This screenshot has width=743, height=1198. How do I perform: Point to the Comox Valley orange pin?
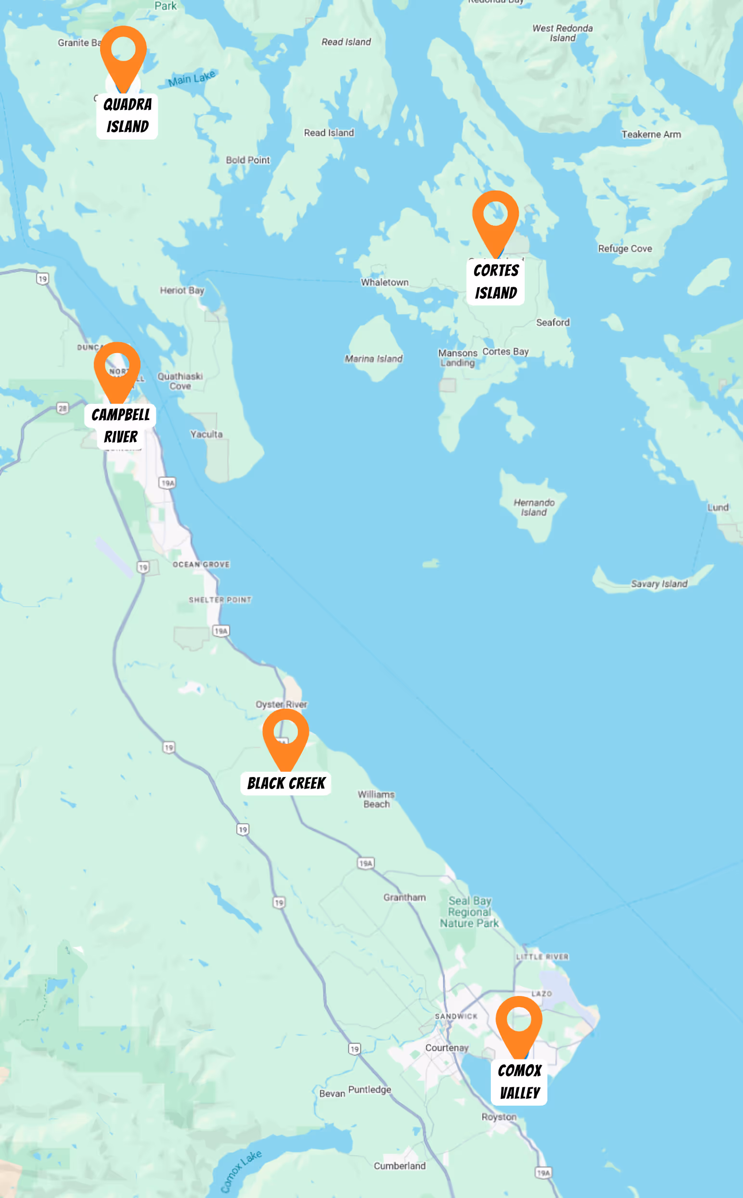(519, 1024)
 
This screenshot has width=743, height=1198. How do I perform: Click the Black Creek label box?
(285, 783)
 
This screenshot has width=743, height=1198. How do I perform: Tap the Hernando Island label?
(534, 508)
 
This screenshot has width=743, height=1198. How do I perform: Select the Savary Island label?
(659, 584)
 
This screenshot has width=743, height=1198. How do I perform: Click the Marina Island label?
(373, 358)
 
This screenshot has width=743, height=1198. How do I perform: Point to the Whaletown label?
(385, 282)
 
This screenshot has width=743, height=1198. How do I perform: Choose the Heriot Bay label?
(182, 290)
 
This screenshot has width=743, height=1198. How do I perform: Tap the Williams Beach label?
(376, 799)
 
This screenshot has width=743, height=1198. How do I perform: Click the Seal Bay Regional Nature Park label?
(469, 912)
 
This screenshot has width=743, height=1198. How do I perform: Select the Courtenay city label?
(447, 1048)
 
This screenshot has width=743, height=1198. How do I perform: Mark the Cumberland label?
(399, 1166)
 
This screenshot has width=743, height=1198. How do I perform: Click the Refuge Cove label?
(625, 249)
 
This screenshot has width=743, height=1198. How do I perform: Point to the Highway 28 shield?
(63, 408)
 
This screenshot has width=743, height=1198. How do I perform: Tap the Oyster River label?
(281, 704)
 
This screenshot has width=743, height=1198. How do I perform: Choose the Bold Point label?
(248, 160)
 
